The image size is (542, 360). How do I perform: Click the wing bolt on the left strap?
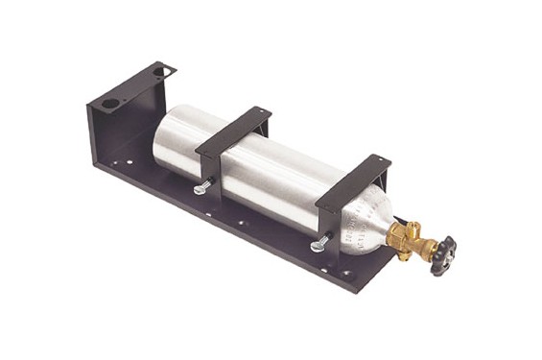(x=201, y=189)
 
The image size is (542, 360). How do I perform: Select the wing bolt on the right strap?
(x=319, y=246)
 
